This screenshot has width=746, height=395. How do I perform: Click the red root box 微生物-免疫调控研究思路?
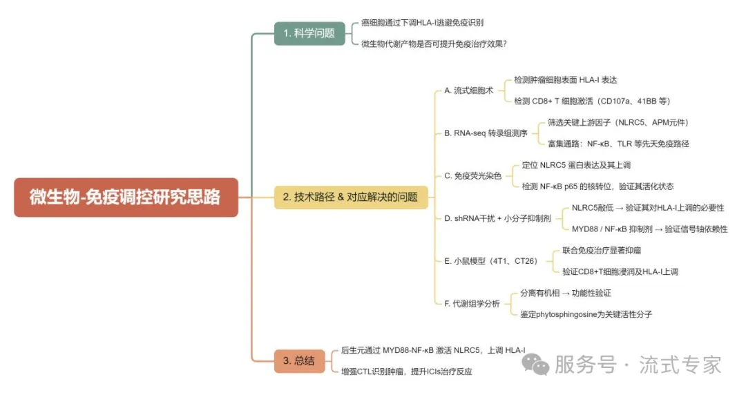126,197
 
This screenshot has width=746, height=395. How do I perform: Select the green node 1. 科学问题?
309,33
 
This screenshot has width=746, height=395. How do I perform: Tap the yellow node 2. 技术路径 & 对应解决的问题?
351,197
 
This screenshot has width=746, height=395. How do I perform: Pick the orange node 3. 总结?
299,360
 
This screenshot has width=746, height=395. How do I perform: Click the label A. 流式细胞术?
468,90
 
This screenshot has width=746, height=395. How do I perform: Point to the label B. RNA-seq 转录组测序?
486,133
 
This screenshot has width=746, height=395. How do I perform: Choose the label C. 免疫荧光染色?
473,176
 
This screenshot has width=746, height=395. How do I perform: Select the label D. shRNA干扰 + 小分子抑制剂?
497,218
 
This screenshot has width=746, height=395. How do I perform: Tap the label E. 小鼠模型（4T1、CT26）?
491,261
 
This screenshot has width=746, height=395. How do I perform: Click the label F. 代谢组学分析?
472,304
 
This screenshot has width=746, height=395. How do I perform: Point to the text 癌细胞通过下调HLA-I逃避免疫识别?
423,22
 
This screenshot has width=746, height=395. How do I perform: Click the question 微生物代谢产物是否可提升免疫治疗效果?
434,44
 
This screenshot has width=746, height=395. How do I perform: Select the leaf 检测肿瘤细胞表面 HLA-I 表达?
565,80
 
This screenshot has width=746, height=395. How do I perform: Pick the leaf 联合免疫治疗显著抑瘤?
602,250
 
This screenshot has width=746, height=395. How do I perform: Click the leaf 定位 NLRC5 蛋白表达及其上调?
576,165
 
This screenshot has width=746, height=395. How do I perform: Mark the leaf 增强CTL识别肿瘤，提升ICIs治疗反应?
407,372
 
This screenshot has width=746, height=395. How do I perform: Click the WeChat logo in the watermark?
535,364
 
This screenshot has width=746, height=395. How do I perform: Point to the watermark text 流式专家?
680,365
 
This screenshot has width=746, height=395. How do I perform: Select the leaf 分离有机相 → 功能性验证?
566,293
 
